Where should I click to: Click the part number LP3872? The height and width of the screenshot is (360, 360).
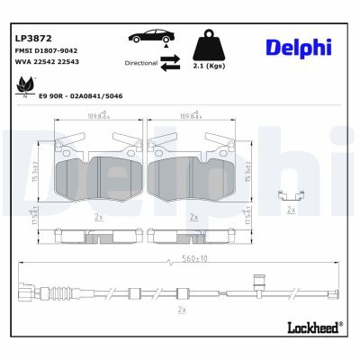31,39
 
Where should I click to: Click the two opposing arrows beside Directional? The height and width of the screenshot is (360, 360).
171,61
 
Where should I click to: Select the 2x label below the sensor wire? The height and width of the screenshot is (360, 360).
181,309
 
